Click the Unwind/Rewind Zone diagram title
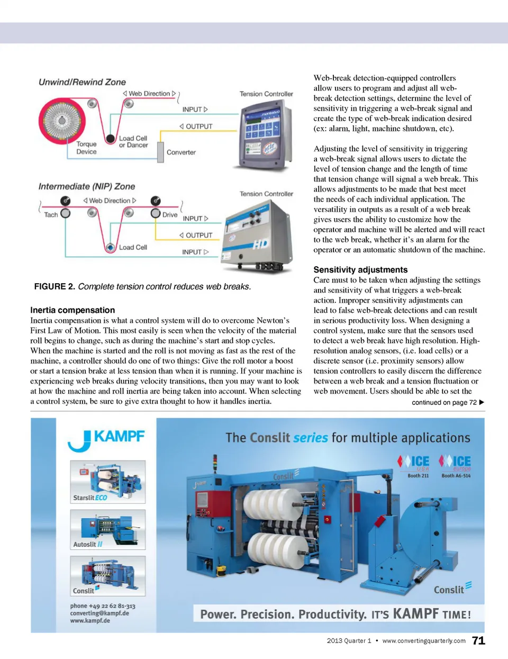(x=82, y=82)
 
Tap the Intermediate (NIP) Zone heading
(x=87, y=186)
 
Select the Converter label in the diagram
(x=181, y=152)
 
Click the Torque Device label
(x=86, y=148)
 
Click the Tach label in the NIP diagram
(x=51, y=215)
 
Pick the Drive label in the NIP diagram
(x=170, y=215)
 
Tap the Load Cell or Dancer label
(x=133, y=141)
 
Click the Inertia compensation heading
(x=72, y=310)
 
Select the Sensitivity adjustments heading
(x=360, y=269)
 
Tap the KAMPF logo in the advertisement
(x=106, y=439)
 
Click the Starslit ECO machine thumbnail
(x=108, y=482)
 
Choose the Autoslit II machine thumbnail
(x=108, y=529)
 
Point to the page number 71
(x=478, y=640)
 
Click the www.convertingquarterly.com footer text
(x=424, y=640)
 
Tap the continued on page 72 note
(x=448, y=402)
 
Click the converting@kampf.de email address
(x=99, y=613)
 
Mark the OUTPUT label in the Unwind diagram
(x=196, y=127)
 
